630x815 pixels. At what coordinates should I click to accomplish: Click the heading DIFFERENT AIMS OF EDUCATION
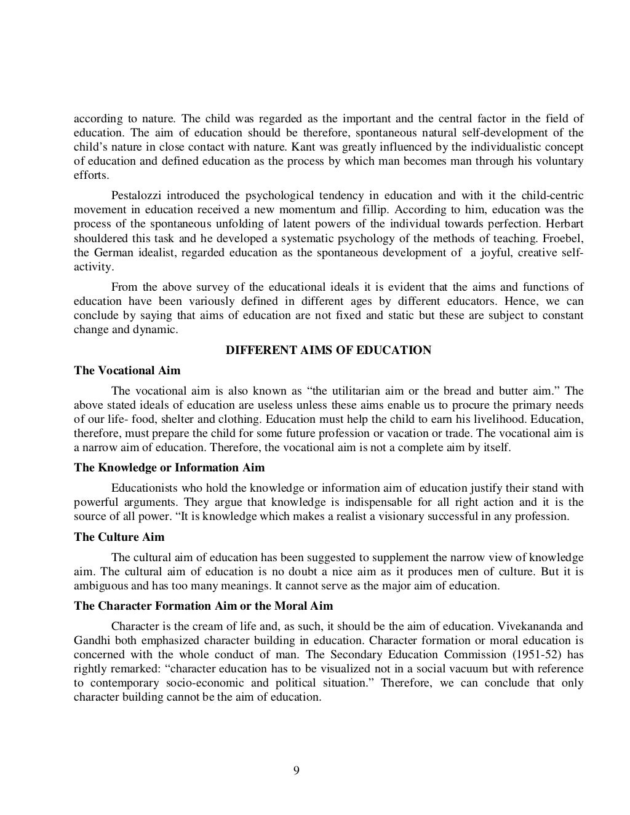[x=329, y=350]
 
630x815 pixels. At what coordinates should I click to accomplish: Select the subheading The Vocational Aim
[x=127, y=370]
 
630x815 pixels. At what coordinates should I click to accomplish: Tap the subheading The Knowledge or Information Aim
[x=169, y=467]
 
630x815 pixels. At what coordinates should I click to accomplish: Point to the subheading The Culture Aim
[x=119, y=537]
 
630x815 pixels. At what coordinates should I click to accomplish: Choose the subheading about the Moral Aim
[x=203, y=605]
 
